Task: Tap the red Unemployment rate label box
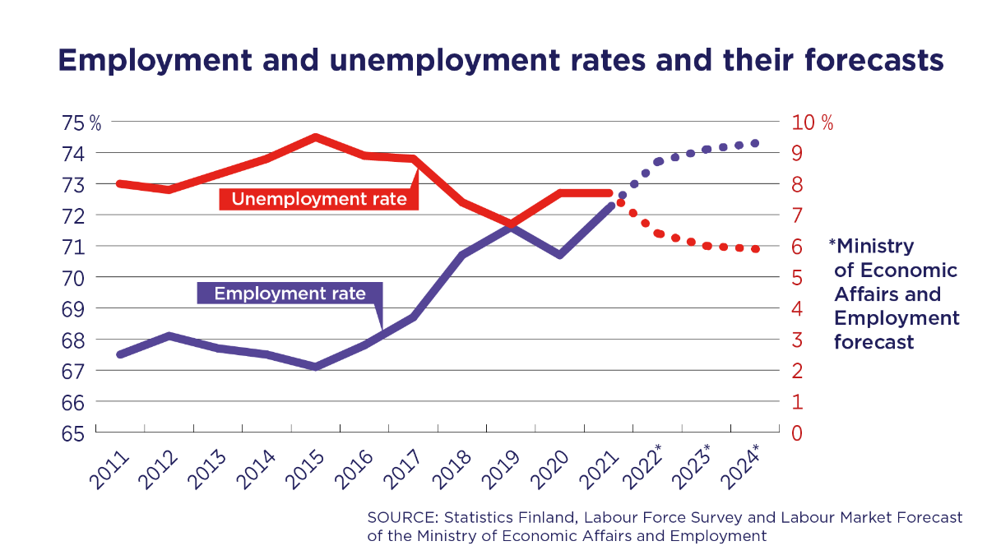pyautogui.click(x=319, y=199)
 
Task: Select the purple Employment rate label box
pyautogui.click(x=290, y=294)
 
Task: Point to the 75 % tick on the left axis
pyautogui.click(x=81, y=123)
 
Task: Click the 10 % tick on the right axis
pyautogui.click(x=813, y=123)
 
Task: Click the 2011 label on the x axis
pyautogui.click(x=107, y=469)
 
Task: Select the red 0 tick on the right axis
pyautogui.click(x=797, y=433)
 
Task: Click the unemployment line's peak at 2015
pyautogui.click(x=316, y=137)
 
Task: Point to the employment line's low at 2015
pyautogui.click(x=316, y=367)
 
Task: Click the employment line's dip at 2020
pyautogui.click(x=560, y=255)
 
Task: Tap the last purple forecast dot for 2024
pyautogui.click(x=755, y=143)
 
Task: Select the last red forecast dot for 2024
pyautogui.click(x=755, y=249)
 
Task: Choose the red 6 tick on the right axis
pyautogui.click(x=797, y=247)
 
